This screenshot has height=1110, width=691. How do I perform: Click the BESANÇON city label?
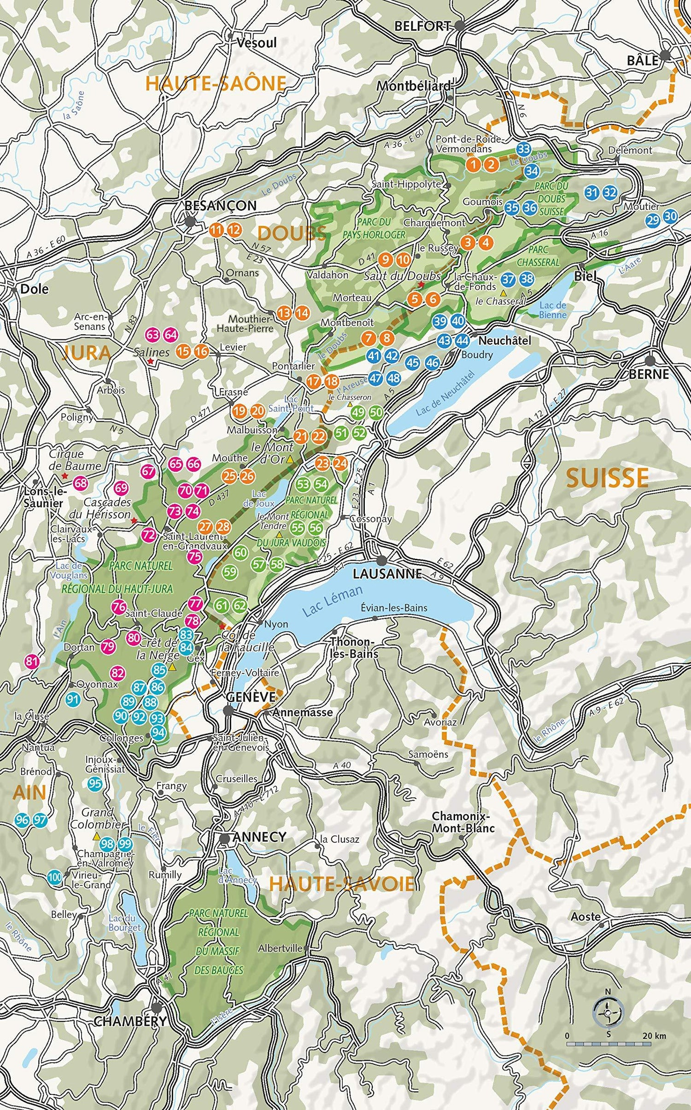click(220, 206)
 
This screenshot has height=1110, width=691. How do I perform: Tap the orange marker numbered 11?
click(216, 230)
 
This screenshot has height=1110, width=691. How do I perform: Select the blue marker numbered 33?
click(523, 149)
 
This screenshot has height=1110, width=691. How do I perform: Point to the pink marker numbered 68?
click(81, 483)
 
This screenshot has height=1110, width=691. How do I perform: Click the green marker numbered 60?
click(240, 552)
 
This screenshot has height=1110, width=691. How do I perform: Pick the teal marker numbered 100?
click(55, 877)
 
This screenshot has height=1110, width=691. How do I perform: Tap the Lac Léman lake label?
click(332, 601)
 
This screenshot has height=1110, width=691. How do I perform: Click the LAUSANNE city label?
click(387, 573)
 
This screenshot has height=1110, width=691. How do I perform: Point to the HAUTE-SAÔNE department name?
click(216, 83)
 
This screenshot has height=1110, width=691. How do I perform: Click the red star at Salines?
click(151, 362)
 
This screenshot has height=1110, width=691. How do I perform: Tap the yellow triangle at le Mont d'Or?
click(290, 459)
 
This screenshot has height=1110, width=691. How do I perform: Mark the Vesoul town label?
click(256, 43)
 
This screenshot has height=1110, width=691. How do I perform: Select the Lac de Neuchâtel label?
click(445, 394)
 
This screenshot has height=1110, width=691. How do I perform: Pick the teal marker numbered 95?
click(95, 784)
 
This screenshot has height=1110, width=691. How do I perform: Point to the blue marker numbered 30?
click(671, 216)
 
